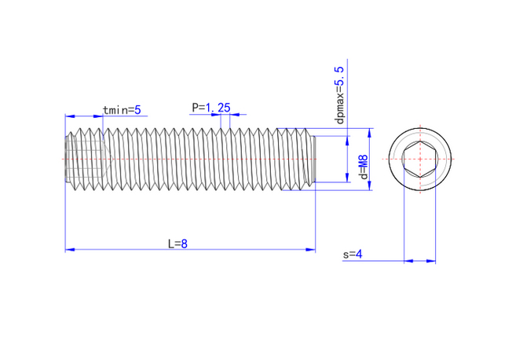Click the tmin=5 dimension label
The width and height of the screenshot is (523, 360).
coord(122,110)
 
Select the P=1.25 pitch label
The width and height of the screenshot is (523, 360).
coord(210,108)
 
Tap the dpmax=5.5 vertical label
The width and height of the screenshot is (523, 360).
coord(339,95)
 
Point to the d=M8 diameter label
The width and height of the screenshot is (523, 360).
coord(364,167)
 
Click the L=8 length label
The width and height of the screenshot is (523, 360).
coord(177,244)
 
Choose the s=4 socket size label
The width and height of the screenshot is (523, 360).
coord(353,255)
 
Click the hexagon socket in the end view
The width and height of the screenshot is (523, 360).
coord(419,159)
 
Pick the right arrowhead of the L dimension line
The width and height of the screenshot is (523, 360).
coord(310,249)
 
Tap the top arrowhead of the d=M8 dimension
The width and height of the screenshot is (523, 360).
coord(369,133)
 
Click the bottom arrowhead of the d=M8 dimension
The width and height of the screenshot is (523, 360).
coord(369,186)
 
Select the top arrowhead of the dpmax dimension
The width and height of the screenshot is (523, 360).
coord(347,141)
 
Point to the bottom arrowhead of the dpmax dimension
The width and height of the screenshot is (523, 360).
coord(347,178)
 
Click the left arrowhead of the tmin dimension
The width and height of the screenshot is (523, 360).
coord(70,116)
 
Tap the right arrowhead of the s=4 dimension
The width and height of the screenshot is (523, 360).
coord(431,261)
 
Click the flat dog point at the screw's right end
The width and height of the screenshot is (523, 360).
coord(313,159)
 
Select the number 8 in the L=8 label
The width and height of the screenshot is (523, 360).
coord(185,244)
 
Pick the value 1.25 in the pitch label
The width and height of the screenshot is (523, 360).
coord(218,108)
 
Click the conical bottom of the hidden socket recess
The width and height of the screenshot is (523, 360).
coord(108,159)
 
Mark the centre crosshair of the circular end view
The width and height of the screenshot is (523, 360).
coord(419,159)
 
